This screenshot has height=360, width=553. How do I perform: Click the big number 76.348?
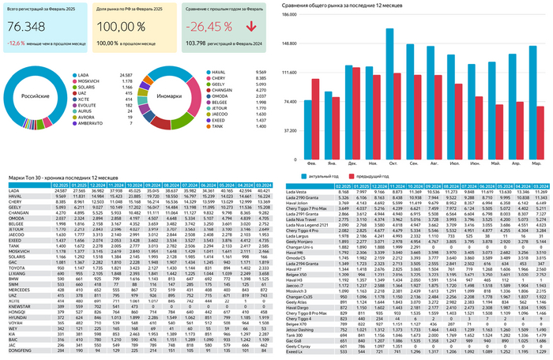coord(26,28)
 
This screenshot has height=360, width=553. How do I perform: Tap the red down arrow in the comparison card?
coord(252,28)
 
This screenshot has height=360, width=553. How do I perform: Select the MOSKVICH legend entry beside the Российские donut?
coord(88,81)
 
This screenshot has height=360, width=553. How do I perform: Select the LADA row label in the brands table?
coord(13,190)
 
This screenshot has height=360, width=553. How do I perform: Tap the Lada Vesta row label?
coord(297,190)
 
